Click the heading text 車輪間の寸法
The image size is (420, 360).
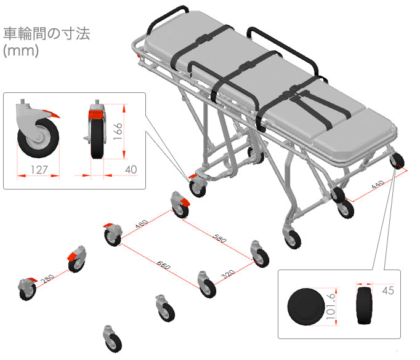point(47,33)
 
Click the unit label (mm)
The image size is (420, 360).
point(22,51)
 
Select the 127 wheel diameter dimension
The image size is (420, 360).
point(38,169)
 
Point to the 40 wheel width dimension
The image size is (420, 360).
point(131,169)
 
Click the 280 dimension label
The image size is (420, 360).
point(47,279)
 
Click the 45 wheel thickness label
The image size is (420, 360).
point(387,290)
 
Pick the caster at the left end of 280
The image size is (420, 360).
point(26,289)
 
